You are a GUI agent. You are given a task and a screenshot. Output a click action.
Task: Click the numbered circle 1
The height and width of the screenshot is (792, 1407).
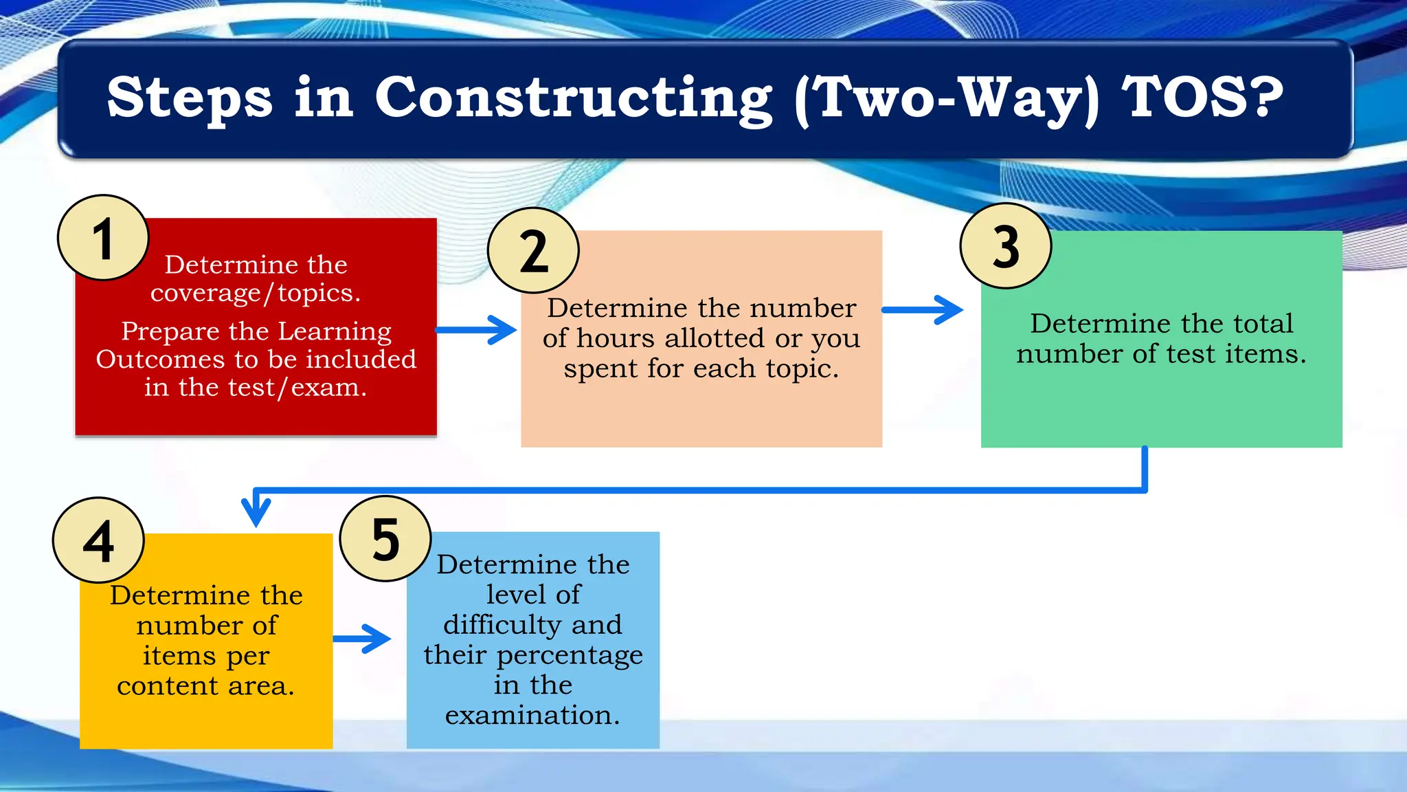tap(103, 238)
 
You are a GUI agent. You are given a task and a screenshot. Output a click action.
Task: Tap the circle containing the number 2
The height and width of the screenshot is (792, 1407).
tap(533, 251)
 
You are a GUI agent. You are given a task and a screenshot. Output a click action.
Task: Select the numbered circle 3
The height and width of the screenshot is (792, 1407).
tap(1006, 246)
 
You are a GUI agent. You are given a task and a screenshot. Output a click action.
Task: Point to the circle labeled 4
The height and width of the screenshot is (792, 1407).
tap(98, 540)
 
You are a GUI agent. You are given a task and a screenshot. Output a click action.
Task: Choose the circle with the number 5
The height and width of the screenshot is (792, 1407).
tap(385, 539)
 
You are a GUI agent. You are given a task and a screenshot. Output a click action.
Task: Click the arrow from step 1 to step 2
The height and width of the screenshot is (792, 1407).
tap(477, 330)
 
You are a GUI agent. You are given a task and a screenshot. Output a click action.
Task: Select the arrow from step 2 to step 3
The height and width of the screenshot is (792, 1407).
tap(923, 310)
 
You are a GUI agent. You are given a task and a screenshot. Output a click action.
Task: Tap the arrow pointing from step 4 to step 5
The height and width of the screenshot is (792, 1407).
tap(362, 639)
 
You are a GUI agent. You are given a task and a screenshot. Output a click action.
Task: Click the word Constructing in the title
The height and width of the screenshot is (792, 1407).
tap(574, 98)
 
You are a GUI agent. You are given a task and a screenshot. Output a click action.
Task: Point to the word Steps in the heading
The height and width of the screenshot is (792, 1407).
tap(190, 98)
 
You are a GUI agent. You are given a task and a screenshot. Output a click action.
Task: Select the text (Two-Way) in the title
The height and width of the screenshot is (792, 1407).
tap(947, 98)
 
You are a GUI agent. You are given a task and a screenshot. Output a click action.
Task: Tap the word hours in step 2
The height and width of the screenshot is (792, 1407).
tap(616, 338)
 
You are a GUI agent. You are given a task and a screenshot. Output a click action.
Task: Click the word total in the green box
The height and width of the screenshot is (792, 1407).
tap(1263, 323)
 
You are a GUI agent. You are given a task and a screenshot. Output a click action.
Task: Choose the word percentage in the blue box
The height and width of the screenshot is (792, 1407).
tap(570, 656)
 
